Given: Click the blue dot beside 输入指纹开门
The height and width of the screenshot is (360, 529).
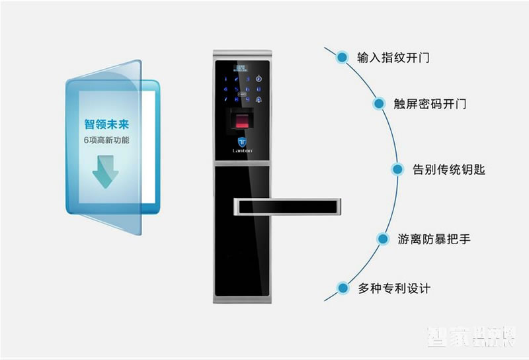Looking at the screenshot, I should pos(342,57).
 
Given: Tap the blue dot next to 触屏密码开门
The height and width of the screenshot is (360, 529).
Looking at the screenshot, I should pos(379,104).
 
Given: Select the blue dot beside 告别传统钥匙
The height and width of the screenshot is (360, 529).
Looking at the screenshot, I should pos(397,169).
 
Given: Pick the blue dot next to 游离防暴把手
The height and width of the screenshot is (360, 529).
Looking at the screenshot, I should pos(382,238).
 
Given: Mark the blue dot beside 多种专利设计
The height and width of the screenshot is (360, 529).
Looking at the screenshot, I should pos(343,288).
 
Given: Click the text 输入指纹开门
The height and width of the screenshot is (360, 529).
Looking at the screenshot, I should pos(393,58).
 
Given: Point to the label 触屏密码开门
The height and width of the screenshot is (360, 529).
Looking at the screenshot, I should pos(430,104).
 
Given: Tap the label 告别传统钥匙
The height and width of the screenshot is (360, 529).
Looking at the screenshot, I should pos(448,169).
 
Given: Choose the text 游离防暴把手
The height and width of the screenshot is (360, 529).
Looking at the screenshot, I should pos(434,239).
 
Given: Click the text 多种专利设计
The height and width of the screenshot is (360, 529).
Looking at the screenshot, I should pos(393,289).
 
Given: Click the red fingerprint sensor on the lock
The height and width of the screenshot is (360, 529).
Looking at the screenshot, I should pos(242,123).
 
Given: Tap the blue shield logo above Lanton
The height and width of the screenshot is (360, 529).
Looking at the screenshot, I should pos(241,142).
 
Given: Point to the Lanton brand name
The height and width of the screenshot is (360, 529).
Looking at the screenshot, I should pos(241,152).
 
